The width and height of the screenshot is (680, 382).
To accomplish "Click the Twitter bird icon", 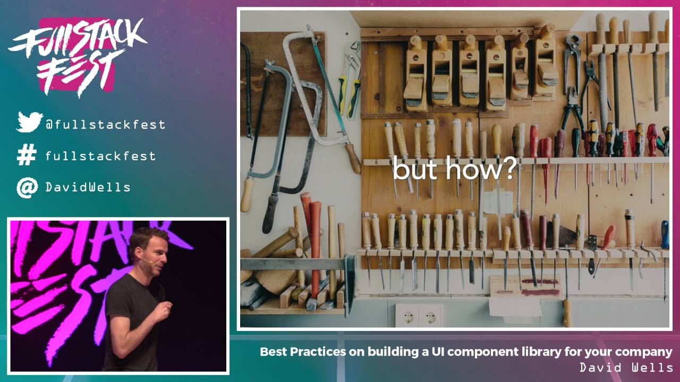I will (x=29, y=122).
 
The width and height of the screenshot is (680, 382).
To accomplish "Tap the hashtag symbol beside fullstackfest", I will (x=27, y=155).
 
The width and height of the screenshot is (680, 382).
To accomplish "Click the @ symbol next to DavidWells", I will (x=27, y=187).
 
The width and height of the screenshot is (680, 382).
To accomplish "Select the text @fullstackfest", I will (x=105, y=125).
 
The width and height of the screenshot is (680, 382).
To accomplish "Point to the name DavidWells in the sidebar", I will (x=88, y=187).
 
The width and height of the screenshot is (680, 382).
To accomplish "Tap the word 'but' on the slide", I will (x=414, y=169).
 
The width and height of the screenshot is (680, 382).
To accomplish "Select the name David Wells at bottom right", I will (x=626, y=367).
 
